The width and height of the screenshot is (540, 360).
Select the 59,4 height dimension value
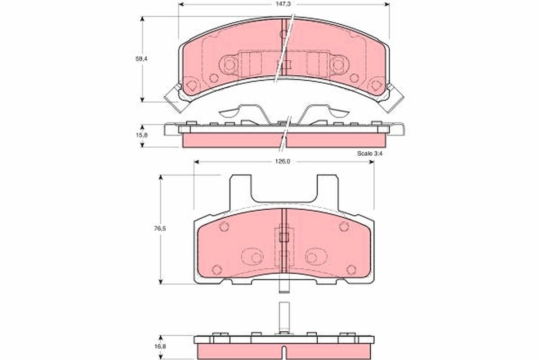click(x=142, y=58)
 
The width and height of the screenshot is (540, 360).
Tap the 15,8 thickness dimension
click(x=142, y=135)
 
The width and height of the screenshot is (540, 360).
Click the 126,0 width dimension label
click(x=283, y=162)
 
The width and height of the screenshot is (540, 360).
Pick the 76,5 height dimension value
click(x=161, y=228)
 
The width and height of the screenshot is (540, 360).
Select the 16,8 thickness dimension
click(x=161, y=347)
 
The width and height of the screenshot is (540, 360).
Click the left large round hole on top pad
click(x=229, y=65)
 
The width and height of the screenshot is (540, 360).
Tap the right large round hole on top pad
click(x=337, y=65)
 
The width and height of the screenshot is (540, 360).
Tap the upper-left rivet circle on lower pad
click(x=224, y=227)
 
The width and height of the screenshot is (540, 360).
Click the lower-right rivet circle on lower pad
click(x=351, y=270)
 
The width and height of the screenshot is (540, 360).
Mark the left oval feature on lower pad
click(x=253, y=257)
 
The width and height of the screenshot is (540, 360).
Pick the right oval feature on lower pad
click(x=314, y=257)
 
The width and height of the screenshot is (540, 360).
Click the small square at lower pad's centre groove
click(x=283, y=237)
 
